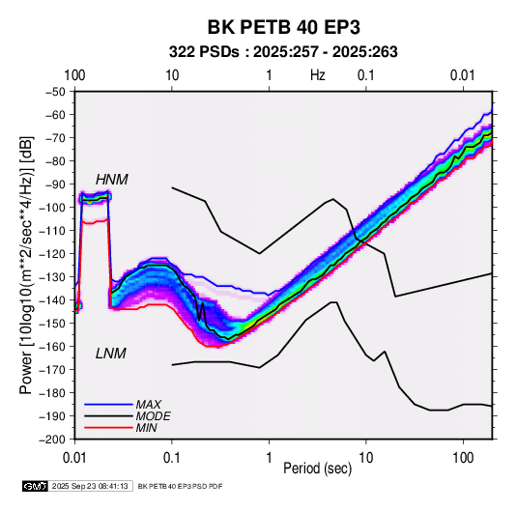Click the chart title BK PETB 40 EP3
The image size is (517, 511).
tap(283, 27)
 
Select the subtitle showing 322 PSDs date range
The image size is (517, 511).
tap(283, 52)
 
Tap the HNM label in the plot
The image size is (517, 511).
tap(112, 180)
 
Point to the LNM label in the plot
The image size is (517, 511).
tap(111, 354)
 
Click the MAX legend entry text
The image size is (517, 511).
tap(149, 405)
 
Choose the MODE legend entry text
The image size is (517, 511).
tap(154, 416)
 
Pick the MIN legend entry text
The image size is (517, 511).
tap(146, 428)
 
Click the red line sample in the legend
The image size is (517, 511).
tap(108, 428)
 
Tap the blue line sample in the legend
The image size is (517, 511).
tap(108, 405)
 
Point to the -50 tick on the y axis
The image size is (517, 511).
tap(55, 92)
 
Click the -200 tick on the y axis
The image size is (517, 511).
tap(53, 440)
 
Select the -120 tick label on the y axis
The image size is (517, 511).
tap(53, 253)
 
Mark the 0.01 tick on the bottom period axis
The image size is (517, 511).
tap(74, 458)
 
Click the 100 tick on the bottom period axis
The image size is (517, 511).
tap(463, 458)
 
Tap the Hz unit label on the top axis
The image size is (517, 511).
tap(318, 75)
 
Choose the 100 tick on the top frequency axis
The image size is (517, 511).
tap(74, 75)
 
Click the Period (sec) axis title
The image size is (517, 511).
tap(318, 468)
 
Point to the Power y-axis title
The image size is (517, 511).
tap(27, 265)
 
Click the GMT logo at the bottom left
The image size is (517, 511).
tap(36, 486)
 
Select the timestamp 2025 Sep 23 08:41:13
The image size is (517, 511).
tap(90, 486)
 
